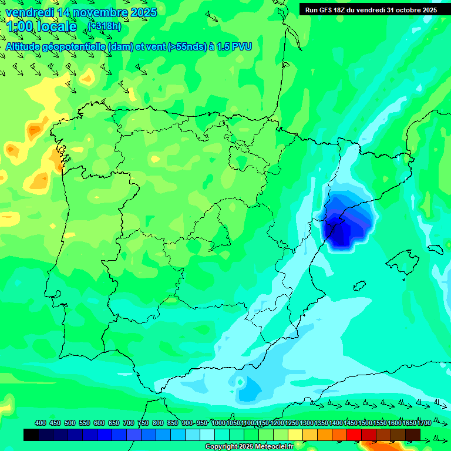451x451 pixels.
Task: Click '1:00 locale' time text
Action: click(41, 26)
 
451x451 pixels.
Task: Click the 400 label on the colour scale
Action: click(41, 423)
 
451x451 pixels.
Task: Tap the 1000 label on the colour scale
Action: click(218, 423)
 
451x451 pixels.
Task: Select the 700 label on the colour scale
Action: click(129, 423)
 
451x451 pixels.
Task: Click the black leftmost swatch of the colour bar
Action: click(31, 435)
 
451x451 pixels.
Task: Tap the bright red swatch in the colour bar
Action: click(354, 435)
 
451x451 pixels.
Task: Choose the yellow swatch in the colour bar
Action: click(295, 435)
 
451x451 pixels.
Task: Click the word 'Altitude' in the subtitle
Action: click(26, 46)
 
